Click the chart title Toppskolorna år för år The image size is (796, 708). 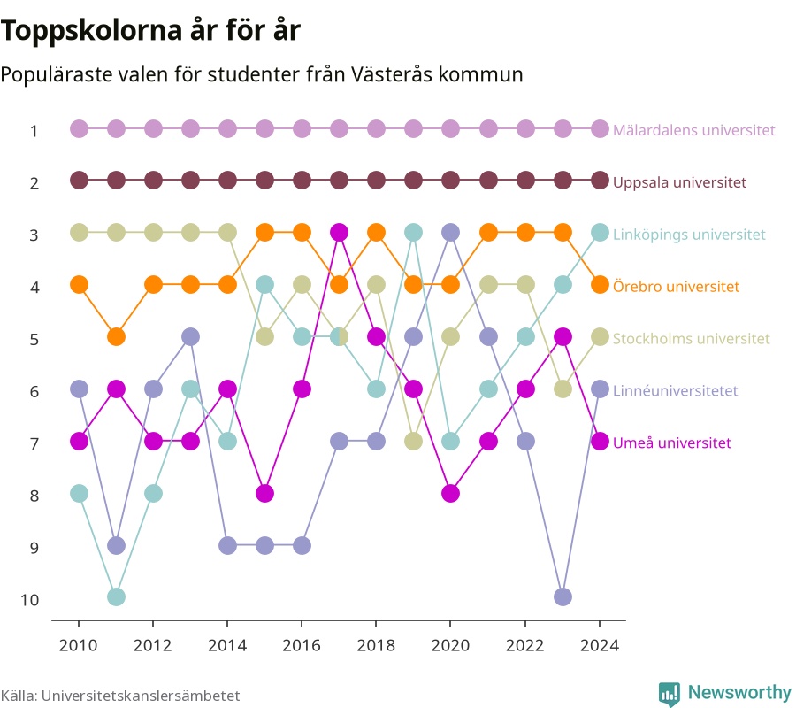point(150,30)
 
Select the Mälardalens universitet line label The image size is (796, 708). point(694,130)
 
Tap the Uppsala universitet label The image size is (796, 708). point(679,182)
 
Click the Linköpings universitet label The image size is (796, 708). point(689,235)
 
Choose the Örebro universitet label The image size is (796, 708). point(676,287)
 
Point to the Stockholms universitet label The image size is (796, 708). point(691,338)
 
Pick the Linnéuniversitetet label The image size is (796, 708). point(675,390)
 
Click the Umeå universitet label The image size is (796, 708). point(671,442)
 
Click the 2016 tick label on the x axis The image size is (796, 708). point(302,645)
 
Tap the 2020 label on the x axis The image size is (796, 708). point(450,645)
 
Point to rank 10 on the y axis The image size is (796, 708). point(29,600)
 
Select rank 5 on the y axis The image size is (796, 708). point(34,339)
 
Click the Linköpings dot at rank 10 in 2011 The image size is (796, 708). point(116,596)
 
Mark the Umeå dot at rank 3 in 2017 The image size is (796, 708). point(339,233)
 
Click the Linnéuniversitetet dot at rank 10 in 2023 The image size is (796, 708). point(563,596)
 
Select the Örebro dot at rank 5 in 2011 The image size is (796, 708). point(116,336)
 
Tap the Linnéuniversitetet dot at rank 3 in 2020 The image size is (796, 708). point(451,233)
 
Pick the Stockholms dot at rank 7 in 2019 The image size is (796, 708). point(413,442)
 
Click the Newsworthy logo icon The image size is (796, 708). point(670,694)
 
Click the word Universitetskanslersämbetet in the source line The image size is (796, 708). point(141,696)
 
